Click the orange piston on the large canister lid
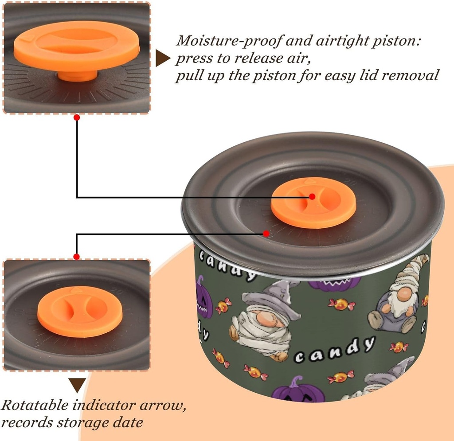313,203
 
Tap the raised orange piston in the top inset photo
77,49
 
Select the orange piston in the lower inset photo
74,311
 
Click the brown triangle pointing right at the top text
163,59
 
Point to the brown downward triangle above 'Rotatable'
78,385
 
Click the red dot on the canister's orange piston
312,196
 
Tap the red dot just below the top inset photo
77,117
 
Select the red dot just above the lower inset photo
77,256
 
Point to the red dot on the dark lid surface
266,233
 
